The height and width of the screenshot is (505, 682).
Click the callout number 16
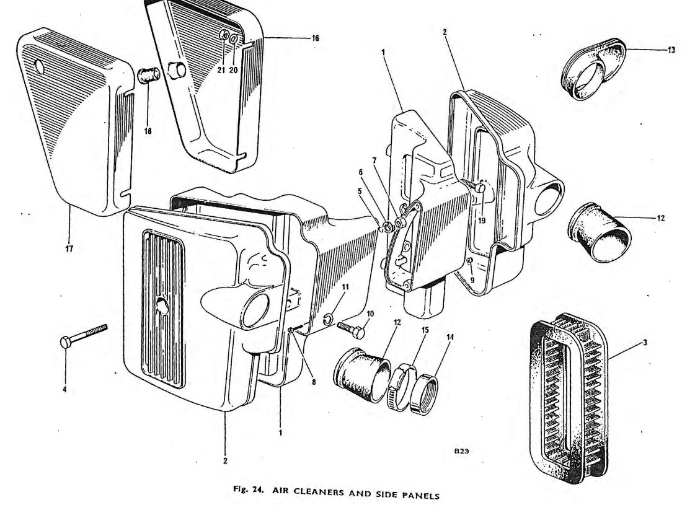(x=315, y=38)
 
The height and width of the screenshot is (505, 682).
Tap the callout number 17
(x=69, y=248)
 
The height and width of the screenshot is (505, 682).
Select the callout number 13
(x=671, y=50)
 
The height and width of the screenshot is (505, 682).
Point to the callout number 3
(x=645, y=343)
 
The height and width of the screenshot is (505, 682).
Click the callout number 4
(x=65, y=389)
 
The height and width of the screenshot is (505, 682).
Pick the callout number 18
(x=148, y=131)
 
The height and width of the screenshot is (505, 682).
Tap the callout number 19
(x=482, y=221)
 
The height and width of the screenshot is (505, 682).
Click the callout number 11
(x=345, y=287)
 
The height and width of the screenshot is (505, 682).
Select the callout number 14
(x=449, y=336)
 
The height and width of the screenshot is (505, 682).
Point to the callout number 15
(x=425, y=330)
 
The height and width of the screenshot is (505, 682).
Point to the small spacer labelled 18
(x=149, y=76)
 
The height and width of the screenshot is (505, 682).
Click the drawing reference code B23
(x=461, y=451)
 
